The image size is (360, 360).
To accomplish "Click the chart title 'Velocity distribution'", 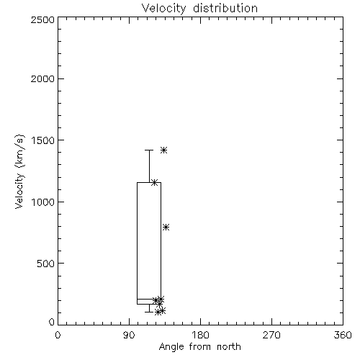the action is [199, 9].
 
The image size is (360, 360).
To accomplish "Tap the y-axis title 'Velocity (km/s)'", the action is [19, 171].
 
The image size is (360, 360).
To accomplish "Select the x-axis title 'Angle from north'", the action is [199, 347].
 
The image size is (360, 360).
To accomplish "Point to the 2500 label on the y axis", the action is [42, 19].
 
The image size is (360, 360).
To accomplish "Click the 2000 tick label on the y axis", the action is [42, 78].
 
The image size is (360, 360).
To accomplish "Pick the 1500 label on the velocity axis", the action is [43, 140].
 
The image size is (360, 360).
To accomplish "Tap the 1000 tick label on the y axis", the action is [43, 202].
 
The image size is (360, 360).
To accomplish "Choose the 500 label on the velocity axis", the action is [45, 264].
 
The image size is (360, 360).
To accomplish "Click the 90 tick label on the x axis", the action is [129, 335].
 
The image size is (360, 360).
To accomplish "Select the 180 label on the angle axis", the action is [200, 335].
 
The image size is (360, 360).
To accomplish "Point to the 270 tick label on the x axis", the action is [271, 335].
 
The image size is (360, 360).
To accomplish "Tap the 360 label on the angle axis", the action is [343, 335].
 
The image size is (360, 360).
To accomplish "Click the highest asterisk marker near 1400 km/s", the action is [163, 150].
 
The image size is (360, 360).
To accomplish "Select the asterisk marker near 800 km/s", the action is [166, 227].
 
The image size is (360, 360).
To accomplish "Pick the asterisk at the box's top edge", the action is [154, 182].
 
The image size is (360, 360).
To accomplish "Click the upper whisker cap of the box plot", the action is [149, 150].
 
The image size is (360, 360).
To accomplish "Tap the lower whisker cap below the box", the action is [149, 312].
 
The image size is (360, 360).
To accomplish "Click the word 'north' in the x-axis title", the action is [229, 347].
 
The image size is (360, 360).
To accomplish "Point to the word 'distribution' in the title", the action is [225, 9].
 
